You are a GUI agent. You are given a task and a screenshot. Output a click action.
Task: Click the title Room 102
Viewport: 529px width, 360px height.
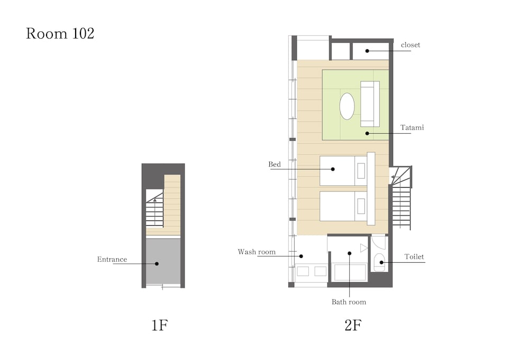click(60, 34)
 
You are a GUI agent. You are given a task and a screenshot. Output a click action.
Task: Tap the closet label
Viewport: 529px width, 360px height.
click(411, 45)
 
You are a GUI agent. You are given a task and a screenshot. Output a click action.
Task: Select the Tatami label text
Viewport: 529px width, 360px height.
click(412, 127)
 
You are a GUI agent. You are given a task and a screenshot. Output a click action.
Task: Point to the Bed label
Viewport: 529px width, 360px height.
click(275, 164)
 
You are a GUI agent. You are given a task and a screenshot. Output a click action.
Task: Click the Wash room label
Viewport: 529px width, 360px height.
click(257, 252)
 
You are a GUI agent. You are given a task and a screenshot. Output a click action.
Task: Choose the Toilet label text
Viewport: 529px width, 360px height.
click(414, 256)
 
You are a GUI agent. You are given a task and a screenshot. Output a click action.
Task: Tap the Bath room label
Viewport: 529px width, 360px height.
click(349, 302)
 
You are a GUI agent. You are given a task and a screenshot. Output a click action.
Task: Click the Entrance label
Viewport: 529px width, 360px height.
click(112, 259)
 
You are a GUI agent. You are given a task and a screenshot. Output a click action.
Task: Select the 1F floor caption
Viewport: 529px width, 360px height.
click(159, 325)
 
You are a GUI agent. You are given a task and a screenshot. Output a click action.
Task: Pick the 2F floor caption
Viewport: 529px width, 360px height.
click(353, 325)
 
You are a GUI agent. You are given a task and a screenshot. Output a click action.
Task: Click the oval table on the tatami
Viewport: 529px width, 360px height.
click(347, 106)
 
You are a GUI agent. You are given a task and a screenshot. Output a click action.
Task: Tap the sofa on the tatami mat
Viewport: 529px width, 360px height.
click(370, 104)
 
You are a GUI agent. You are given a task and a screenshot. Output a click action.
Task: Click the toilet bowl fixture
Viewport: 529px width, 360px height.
click(379, 262)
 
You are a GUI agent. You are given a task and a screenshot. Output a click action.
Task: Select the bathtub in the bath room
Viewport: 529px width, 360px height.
click(350, 272)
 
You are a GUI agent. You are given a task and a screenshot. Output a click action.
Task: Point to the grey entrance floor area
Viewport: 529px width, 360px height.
click(163, 261)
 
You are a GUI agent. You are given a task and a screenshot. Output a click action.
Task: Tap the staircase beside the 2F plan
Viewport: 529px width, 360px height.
click(401, 198)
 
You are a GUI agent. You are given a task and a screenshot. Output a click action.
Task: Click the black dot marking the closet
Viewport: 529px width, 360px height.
click(368, 51)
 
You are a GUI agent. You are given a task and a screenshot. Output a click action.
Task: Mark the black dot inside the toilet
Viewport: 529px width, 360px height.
click(381, 262)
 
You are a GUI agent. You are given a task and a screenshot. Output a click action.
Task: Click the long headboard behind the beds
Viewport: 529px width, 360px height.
click(371, 188)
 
